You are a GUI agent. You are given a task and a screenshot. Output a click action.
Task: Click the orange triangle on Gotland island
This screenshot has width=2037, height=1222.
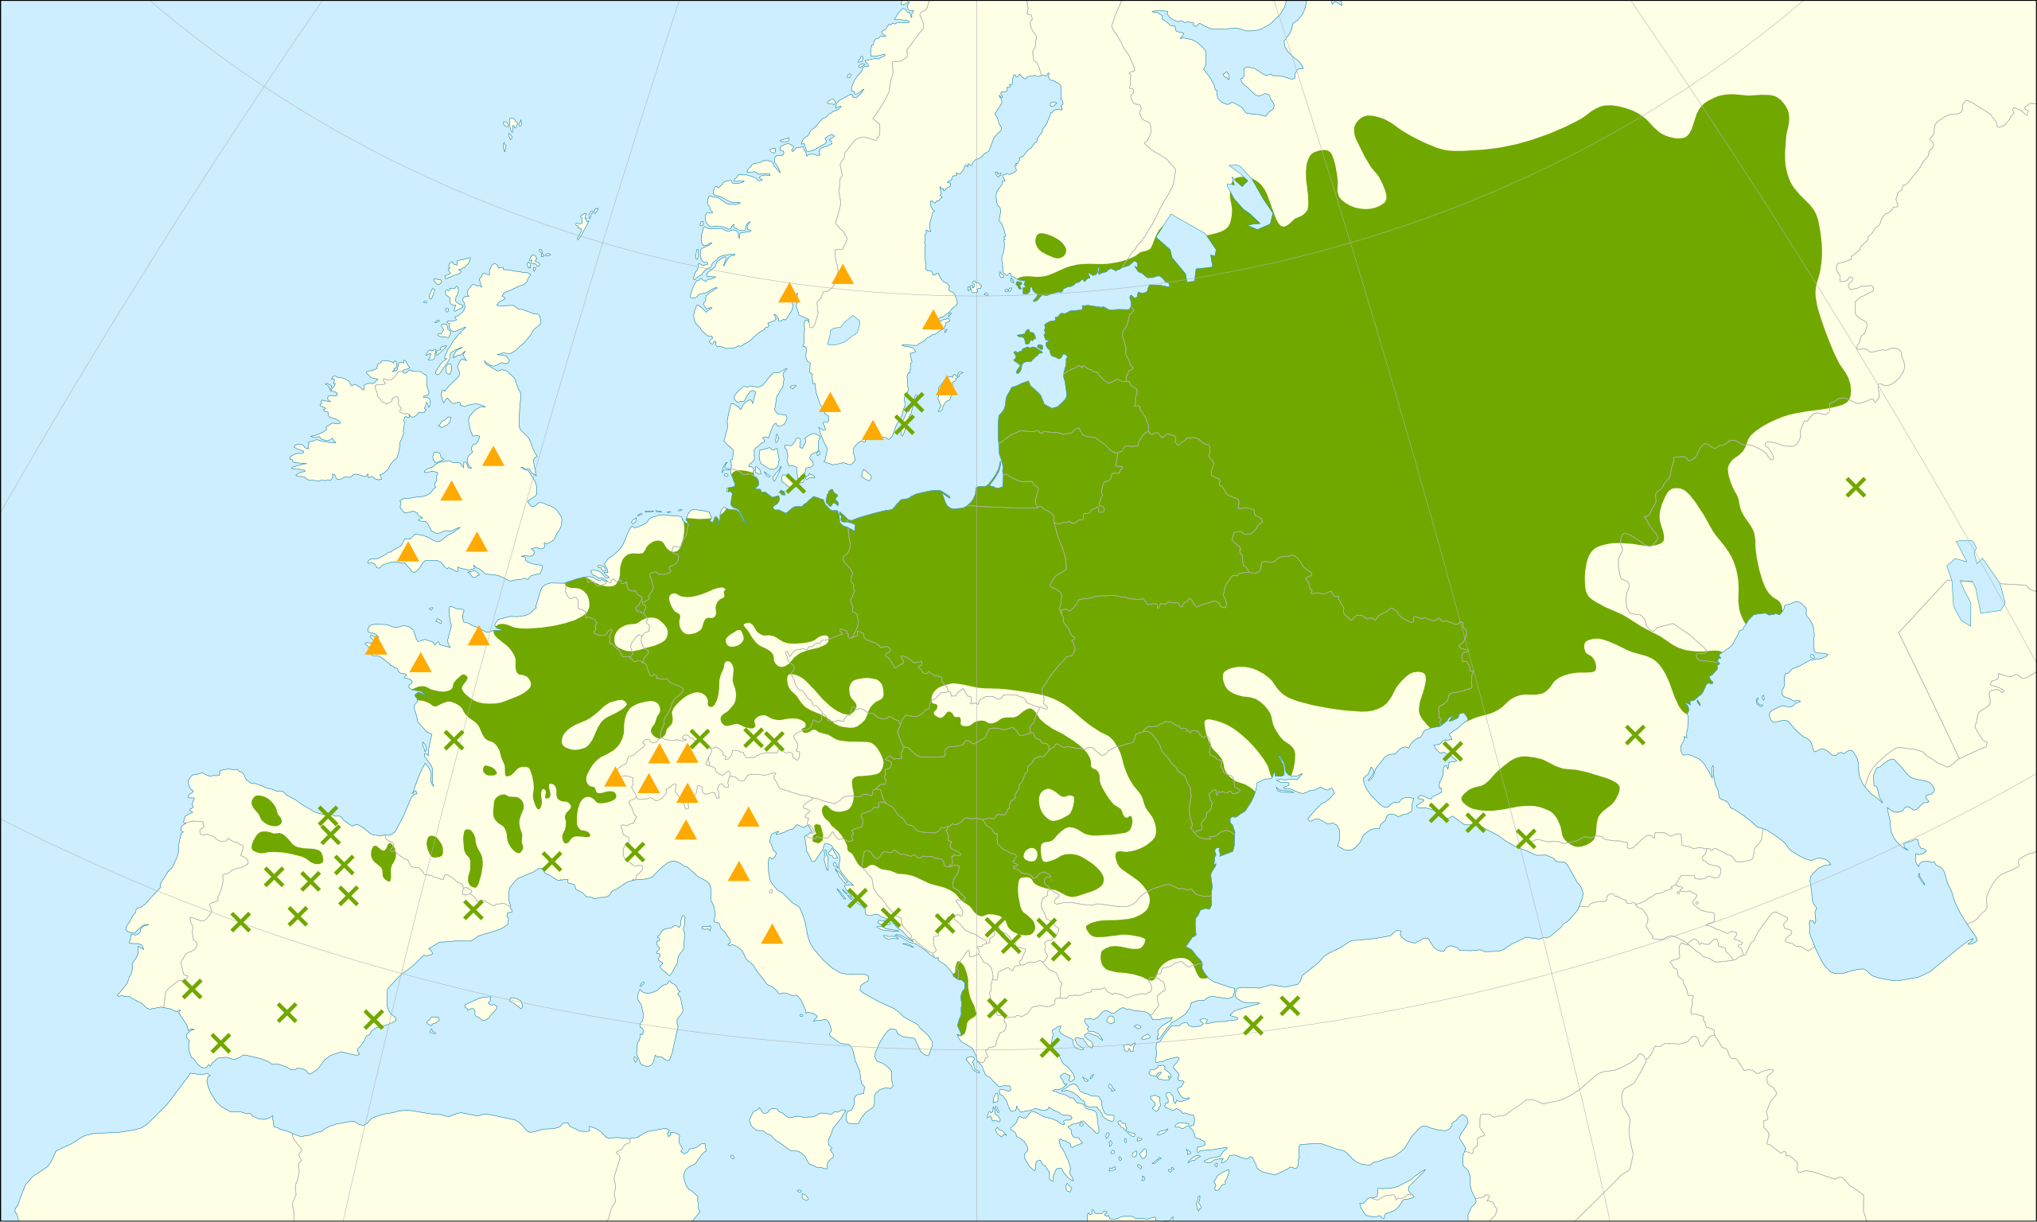pos(947,385)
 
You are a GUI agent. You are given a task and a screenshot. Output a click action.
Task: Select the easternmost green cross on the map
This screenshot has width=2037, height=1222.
pos(1855,488)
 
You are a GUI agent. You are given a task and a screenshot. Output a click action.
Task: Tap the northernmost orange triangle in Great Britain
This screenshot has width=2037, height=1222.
pos(493,456)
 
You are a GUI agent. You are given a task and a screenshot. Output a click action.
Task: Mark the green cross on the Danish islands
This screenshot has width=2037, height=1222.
pos(796,484)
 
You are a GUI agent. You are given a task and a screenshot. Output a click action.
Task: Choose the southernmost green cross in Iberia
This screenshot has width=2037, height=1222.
pos(220,1044)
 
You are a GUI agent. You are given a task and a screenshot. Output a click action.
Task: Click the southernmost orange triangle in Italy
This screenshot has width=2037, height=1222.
pos(772,934)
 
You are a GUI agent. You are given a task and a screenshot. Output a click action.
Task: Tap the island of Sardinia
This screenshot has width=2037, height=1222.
pos(660,1021)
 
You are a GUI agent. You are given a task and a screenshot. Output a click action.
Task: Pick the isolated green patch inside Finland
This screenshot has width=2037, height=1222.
pos(1050,244)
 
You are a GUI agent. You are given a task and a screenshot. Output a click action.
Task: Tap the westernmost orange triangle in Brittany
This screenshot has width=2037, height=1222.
pos(376,645)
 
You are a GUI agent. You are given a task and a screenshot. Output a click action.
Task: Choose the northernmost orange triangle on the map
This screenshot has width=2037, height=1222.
pos(843,275)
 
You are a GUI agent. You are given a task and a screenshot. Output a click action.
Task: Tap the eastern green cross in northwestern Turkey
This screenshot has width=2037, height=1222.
pos(1289,1006)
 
